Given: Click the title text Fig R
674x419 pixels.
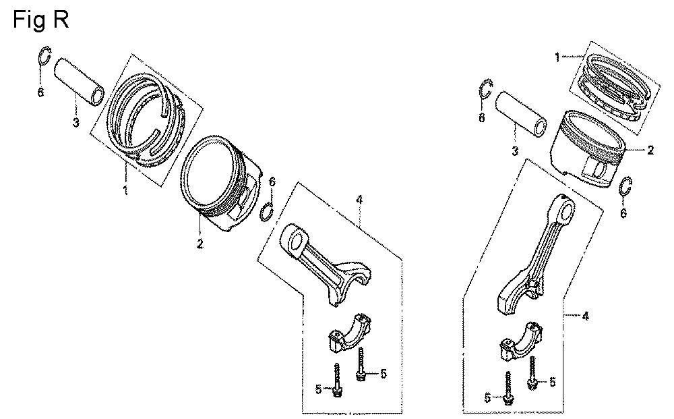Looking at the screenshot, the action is point(41,20).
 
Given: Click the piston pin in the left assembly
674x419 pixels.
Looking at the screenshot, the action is point(80,82).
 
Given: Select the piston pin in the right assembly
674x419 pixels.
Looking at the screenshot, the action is point(520,113).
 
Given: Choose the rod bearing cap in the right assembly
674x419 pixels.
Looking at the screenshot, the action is point(521,339).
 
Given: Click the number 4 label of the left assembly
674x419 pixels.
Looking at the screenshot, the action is point(359,200).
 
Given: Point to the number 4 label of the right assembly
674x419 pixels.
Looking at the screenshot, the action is point(585,316).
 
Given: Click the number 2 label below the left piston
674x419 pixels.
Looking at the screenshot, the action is point(200,244).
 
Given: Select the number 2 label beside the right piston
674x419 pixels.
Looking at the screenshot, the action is point(650,150).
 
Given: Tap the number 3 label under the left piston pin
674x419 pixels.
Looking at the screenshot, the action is point(75,123).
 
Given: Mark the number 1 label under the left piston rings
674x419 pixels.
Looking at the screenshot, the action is point(125,190).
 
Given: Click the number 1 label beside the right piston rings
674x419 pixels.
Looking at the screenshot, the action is point(557,57).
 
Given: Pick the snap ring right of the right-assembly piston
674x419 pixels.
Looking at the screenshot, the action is point(625,187).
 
